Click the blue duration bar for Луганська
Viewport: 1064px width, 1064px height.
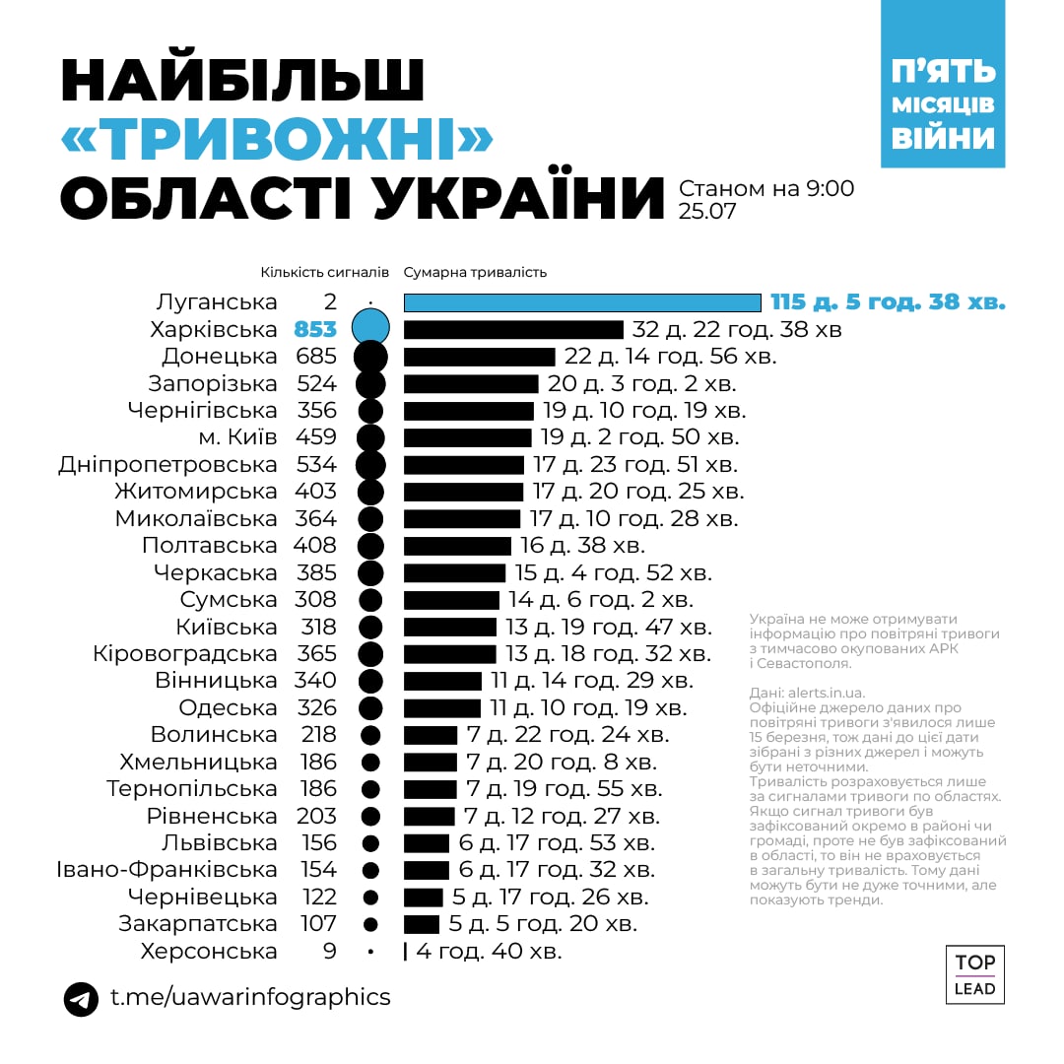pyautogui.click(x=582, y=302)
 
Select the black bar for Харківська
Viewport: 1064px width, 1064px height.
pyautogui.click(x=513, y=329)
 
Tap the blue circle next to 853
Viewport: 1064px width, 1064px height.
pyautogui.click(x=370, y=328)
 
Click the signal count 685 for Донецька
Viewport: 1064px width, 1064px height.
pyautogui.click(x=315, y=356)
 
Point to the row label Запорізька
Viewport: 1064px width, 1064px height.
pyautogui.click(x=213, y=383)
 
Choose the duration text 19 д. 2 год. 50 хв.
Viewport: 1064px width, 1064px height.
pyautogui.click(x=639, y=436)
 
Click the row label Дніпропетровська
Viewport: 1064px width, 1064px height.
pyautogui.click(x=167, y=464)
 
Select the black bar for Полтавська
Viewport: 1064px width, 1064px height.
pyautogui.click(x=457, y=546)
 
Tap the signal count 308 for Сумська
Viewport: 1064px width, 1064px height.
pyautogui.click(x=315, y=599)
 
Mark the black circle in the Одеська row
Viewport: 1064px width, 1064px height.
pyautogui.click(x=370, y=707)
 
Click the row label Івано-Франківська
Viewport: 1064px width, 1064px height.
pyautogui.click(x=166, y=870)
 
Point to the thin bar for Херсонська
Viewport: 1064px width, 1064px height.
pyautogui.click(x=405, y=952)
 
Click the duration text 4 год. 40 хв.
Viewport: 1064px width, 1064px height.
pyautogui.click(x=489, y=952)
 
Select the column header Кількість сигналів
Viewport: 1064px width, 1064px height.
pyautogui.click(x=324, y=273)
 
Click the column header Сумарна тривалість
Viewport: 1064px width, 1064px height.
pyautogui.click(x=475, y=273)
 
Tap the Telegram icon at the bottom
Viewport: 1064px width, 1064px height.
pyautogui.click(x=81, y=998)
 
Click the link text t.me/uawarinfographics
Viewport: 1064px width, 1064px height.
pyautogui.click(x=250, y=997)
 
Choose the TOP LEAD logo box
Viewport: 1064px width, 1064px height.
pyautogui.click(x=974, y=974)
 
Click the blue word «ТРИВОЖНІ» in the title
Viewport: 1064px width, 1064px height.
pyautogui.click(x=277, y=142)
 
